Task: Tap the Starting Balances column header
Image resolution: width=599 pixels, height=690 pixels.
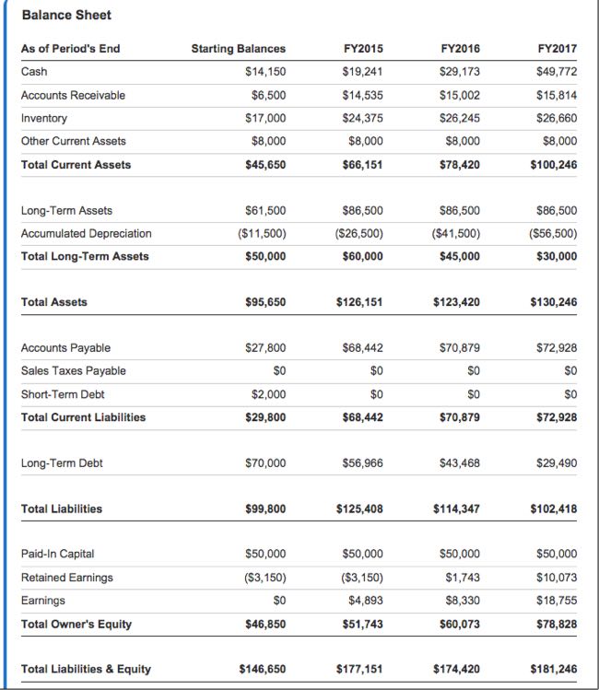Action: pyautogui.click(x=238, y=48)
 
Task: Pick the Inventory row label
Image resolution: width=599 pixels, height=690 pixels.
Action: pyautogui.click(x=43, y=118)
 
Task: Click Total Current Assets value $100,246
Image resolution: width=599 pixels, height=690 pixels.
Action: pyautogui.click(x=554, y=165)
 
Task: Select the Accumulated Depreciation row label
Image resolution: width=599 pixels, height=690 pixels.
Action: pyautogui.click(x=86, y=233)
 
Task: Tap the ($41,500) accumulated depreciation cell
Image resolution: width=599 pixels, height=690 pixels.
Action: pyautogui.click(x=455, y=233)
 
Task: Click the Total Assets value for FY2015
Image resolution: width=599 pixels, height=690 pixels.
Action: pyautogui.click(x=358, y=301)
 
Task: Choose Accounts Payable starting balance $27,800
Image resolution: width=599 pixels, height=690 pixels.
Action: pyautogui.click(x=265, y=347)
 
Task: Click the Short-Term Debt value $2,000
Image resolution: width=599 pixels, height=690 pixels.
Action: pyautogui.click(x=268, y=393)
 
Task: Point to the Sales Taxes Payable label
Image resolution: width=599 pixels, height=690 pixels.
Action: pyautogui.click(x=73, y=370)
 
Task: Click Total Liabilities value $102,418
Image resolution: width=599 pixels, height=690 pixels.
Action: pyautogui.click(x=554, y=508)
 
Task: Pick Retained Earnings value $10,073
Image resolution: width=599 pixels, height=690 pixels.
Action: pyautogui.click(x=557, y=577)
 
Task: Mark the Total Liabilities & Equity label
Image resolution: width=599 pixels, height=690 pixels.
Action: pyautogui.click(x=86, y=669)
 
